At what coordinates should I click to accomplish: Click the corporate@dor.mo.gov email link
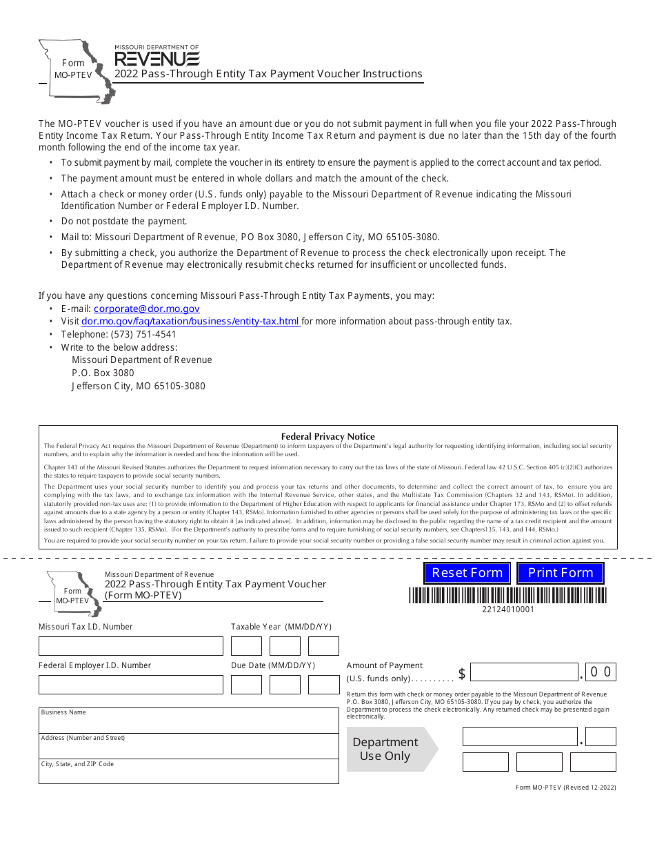coord(146,309)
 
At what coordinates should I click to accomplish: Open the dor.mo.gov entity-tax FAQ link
coord(190,321)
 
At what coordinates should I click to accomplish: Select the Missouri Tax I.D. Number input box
coord(131,646)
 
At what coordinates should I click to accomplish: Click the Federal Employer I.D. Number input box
coord(131,685)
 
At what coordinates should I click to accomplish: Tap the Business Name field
coord(188,721)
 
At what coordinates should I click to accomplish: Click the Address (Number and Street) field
coord(188,746)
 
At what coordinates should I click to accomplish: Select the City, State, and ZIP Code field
coord(188,772)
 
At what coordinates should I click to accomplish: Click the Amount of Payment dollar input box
coord(524,672)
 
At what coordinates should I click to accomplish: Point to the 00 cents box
coord(600,672)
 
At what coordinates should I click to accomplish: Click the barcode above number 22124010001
coord(507,595)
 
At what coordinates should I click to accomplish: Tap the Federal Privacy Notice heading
coord(327,436)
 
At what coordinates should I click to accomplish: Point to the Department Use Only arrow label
coord(386,749)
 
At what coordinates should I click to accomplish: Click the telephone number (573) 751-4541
coord(119,334)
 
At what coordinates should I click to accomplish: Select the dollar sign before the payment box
coord(462,674)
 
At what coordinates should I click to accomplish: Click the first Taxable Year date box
coord(246,646)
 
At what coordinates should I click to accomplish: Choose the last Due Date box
coord(323,685)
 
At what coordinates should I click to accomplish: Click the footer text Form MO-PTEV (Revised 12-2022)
coord(565,788)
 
